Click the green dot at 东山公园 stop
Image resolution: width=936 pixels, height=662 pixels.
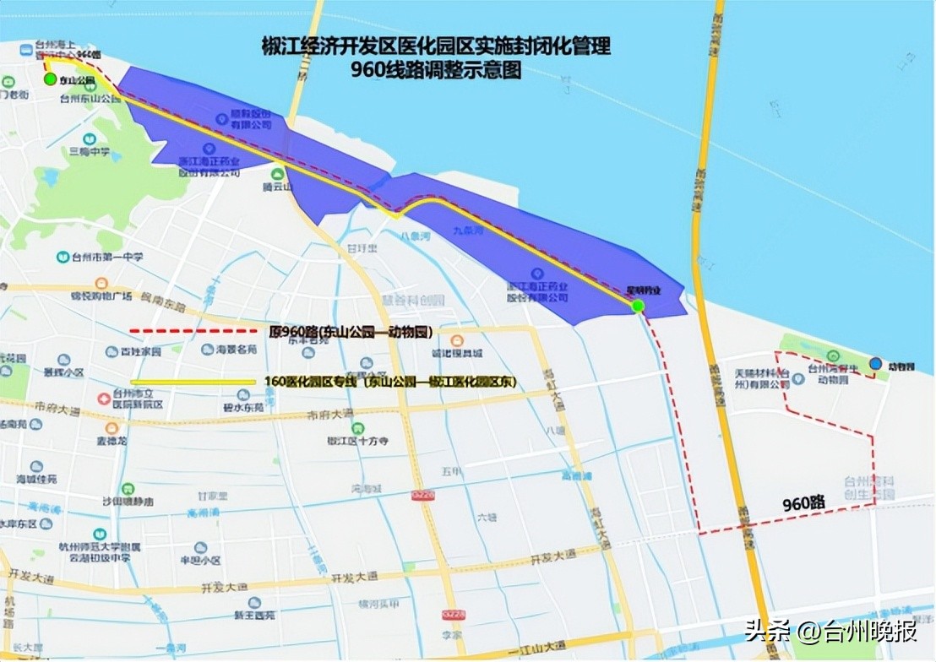(x=50, y=79)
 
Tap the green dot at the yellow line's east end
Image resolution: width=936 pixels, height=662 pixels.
(x=638, y=306)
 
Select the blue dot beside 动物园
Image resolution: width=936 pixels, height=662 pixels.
(x=875, y=364)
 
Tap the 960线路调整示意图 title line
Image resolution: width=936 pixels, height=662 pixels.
(x=436, y=71)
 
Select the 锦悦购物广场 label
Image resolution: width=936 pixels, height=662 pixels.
(x=101, y=296)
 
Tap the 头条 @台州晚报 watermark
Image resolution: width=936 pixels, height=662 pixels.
(x=832, y=630)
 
